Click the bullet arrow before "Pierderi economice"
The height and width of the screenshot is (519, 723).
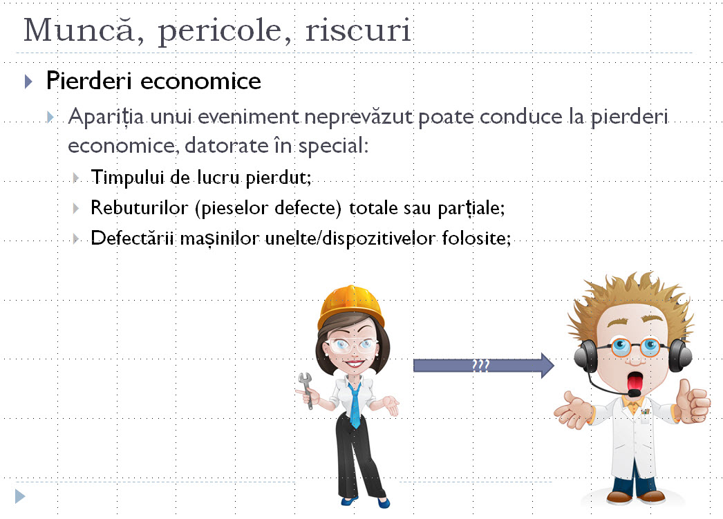tap(28, 82)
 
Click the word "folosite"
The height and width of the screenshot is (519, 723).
tap(478, 239)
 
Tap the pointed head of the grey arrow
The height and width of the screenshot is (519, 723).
tap(546, 366)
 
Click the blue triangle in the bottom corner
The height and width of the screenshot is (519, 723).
tap(20, 495)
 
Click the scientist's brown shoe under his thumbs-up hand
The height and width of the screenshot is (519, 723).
tap(650, 496)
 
